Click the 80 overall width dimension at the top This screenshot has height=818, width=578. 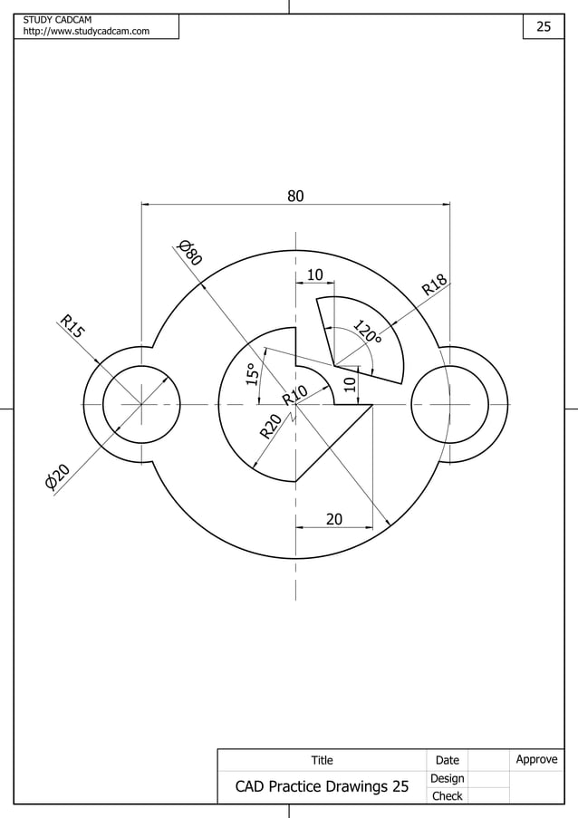click(295, 195)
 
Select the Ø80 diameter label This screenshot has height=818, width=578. click(188, 252)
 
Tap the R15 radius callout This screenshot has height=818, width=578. click(72, 326)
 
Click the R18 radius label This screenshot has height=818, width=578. click(435, 285)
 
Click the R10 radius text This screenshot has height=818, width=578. click(294, 396)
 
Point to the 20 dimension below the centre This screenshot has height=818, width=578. click(334, 519)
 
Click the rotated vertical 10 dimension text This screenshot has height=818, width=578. click(350, 385)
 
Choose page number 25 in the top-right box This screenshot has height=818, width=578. click(544, 26)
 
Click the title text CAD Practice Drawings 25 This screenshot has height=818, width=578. click(322, 786)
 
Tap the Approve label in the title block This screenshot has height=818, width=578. click(536, 759)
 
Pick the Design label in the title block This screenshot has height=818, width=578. click(447, 778)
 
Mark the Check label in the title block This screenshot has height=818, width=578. click(447, 796)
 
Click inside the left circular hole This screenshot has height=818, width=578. click(141, 404)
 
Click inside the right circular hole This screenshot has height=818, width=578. click(450, 404)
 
